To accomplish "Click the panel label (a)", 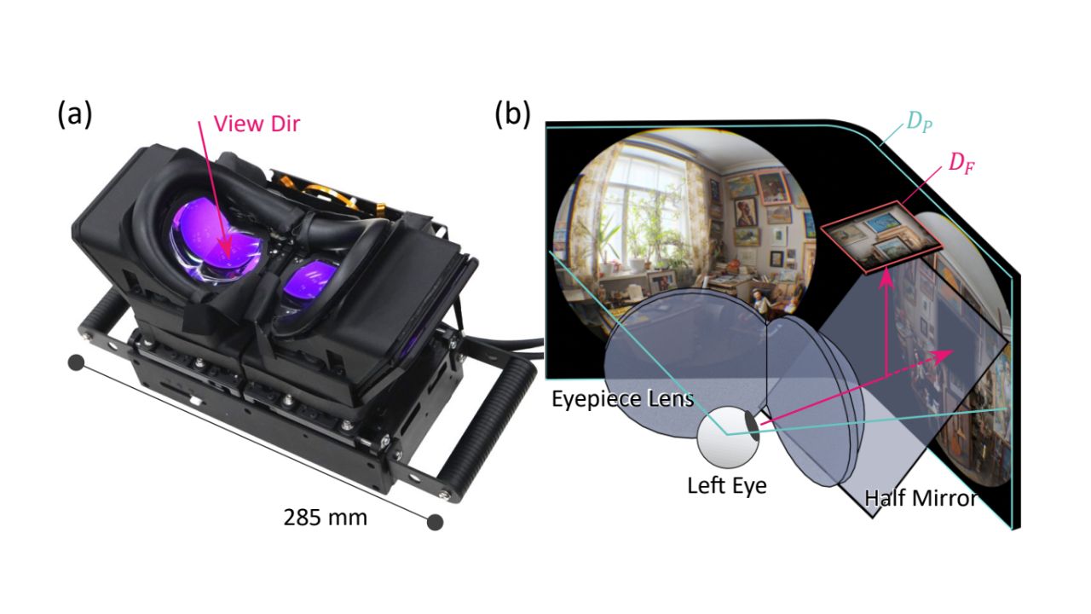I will tap(74, 113).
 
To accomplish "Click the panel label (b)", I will tap(512, 113).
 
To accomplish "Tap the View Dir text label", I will tap(257, 124).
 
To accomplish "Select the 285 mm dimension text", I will tap(326, 516).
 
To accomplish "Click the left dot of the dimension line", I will tap(76, 363).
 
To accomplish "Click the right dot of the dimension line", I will tap(436, 521).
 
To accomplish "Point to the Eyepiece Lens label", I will tap(621, 398).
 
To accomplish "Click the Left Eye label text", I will tap(727, 486).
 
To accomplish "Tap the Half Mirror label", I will tap(920, 498).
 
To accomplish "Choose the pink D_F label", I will tap(961, 162).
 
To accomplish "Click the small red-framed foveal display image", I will tap(881, 237).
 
